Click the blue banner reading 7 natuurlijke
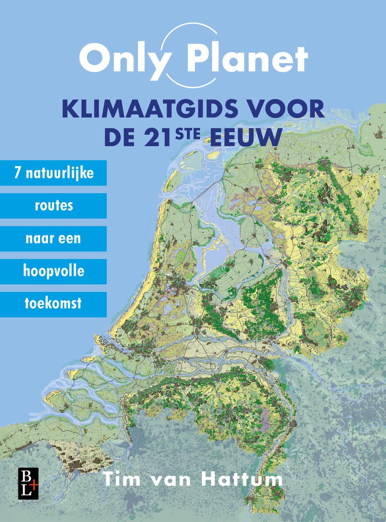pos(53,173)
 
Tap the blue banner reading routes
pos(53,206)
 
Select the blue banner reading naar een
pos(53,238)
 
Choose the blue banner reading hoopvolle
pos(53,271)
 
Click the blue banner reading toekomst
pos(53,304)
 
